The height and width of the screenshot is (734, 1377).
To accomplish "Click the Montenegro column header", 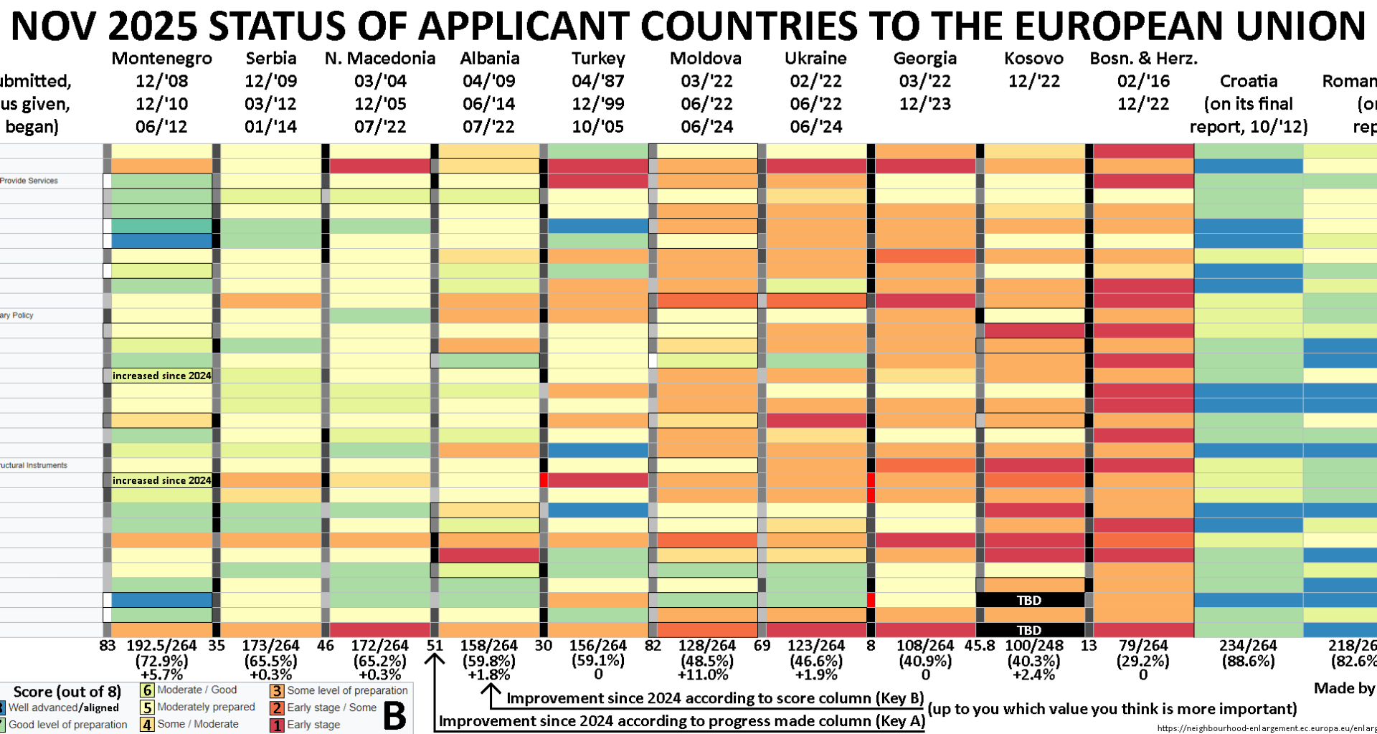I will (x=161, y=58).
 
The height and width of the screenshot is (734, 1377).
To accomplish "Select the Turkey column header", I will (x=598, y=58).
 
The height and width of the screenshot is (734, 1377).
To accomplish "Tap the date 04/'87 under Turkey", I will (x=598, y=81).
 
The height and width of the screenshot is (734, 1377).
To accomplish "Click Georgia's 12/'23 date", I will (x=924, y=104).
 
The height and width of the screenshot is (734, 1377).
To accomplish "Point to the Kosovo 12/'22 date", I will (x=1033, y=81).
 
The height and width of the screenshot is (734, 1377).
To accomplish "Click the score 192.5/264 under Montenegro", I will (x=161, y=645).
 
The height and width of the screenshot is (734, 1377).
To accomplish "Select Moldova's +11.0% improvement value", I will (x=706, y=675).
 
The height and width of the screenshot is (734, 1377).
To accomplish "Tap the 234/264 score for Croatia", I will (x=1248, y=645).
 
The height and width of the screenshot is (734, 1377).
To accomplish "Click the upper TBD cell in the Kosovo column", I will (x=1029, y=600).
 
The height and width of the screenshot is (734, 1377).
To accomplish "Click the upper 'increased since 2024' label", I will (x=161, y=376).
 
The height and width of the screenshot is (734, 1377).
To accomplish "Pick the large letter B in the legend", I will (x=394, y=715).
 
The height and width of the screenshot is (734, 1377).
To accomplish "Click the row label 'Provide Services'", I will (x=29, y=181).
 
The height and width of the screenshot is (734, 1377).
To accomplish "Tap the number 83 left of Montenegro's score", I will (x=108, y=645).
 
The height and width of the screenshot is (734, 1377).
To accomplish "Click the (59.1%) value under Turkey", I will (x=598, y=660).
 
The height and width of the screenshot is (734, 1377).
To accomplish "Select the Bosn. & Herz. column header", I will (x=1143, y=58).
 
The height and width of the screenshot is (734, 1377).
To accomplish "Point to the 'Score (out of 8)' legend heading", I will (x=67, y=692).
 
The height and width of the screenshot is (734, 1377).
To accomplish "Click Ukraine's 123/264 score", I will (x=815, y=645).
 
